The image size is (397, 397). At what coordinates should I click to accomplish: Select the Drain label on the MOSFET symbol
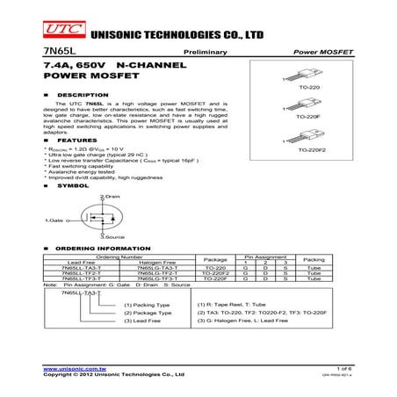tap(112, 197)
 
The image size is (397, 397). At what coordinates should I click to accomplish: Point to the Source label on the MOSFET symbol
tap(113, 238)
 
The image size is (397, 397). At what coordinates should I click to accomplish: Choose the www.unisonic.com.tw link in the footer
tap(69, 368)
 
